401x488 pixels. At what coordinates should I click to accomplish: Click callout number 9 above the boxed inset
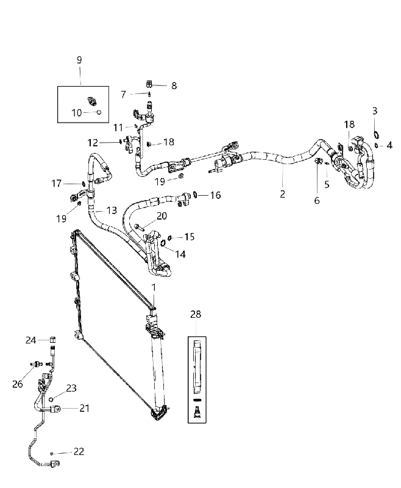point(79,60)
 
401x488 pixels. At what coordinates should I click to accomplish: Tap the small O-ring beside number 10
point(99,112)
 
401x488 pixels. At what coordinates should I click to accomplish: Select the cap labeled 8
point(149,84)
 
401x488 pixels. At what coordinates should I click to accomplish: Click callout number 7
point(124,95)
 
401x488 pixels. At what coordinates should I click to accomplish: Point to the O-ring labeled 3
point(376,135)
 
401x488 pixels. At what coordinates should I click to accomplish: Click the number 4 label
point(389,145)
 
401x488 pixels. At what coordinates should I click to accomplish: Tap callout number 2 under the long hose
point(282,194)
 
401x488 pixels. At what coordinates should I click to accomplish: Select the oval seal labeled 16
point(195,195)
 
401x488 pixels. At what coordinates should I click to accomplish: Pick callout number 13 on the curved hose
point(112,210)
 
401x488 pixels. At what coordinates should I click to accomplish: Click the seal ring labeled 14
point(163,242)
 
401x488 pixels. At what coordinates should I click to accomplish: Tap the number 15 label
point(189,237)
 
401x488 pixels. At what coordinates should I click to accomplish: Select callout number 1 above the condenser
point(154,287)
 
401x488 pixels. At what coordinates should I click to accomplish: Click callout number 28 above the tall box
point(196,314)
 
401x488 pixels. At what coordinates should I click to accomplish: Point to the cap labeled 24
point(52,340)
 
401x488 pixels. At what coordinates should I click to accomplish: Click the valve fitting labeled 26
point(37,364)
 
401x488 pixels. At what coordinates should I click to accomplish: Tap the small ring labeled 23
point(52,399)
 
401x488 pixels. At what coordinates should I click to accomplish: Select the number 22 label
point(79,451)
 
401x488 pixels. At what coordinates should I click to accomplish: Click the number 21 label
point(84,408)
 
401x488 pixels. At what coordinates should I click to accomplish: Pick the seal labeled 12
point(120,142)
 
